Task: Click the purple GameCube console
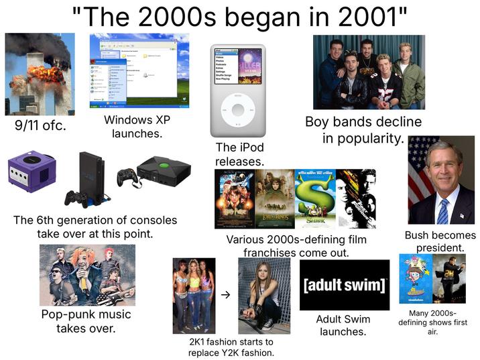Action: [26, 173]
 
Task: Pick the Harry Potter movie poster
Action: [234, 198]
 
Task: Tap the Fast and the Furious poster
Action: [356, 198]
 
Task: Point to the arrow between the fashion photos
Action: [226, 294]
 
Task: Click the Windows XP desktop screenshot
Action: [140, 70]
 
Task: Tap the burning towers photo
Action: [40, 74]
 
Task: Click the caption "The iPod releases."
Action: [239, 155]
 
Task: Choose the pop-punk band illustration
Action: [87, 275]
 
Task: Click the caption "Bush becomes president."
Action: [440, 241]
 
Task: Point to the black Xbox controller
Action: [124, 176]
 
